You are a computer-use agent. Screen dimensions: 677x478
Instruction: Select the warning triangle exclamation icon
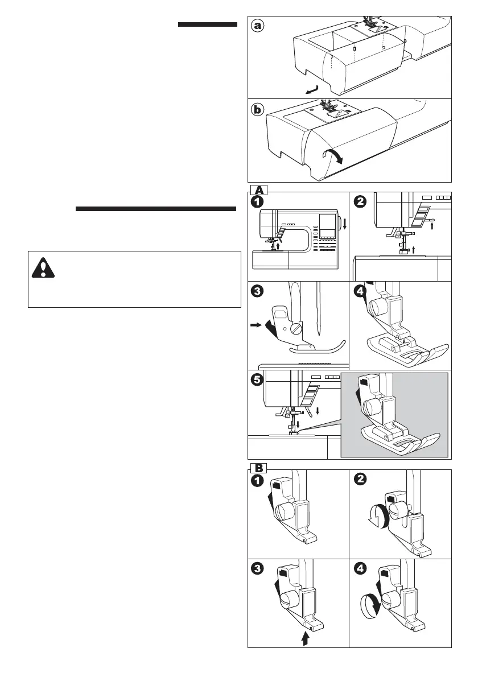pos(43,268)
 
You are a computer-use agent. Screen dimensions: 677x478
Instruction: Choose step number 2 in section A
pos(360,201)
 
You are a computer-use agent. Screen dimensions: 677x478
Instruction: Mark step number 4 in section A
pos(360,291)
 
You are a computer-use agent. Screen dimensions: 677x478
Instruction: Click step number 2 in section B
pos(360,480)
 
